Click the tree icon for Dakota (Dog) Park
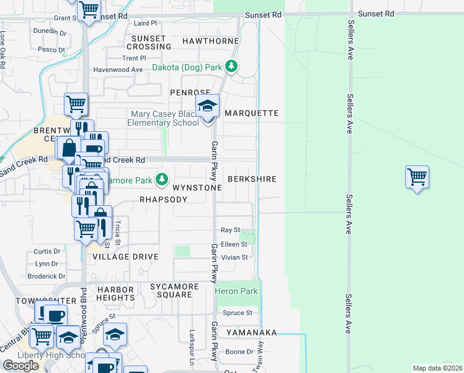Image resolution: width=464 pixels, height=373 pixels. pos(231,65)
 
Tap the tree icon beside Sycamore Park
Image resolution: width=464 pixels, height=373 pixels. pos(162,180)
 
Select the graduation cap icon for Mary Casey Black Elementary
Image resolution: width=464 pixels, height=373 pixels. pos(208,106)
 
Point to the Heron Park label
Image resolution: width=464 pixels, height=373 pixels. pos(236,291)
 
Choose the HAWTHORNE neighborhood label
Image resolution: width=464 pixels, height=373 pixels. pos(210,41)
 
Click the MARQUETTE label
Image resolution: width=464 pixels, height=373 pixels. pos(252,113)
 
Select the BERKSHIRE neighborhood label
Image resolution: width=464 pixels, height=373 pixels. pos(252,178)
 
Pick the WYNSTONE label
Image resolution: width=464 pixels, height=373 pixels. pos(197,187)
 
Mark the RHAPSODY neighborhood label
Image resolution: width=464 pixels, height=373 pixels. pos(163,200)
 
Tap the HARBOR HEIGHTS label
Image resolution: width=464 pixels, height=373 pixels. pos(115,293)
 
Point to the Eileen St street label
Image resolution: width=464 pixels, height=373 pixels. pos(234,244)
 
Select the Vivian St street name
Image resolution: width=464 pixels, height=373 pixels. pos(234,257)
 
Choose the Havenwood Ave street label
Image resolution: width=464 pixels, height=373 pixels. pos(118,70)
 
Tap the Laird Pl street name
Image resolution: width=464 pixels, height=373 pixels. pos(146,23)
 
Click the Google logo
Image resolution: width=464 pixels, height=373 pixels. pos(21,365)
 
